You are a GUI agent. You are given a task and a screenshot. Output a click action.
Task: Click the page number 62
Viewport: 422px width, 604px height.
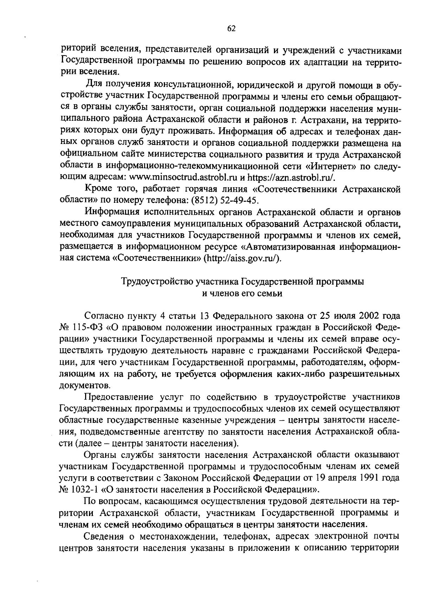231,29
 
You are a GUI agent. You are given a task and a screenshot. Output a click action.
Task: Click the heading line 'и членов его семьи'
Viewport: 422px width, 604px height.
242,293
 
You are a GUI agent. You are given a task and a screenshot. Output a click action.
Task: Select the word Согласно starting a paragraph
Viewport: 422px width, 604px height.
104,316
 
